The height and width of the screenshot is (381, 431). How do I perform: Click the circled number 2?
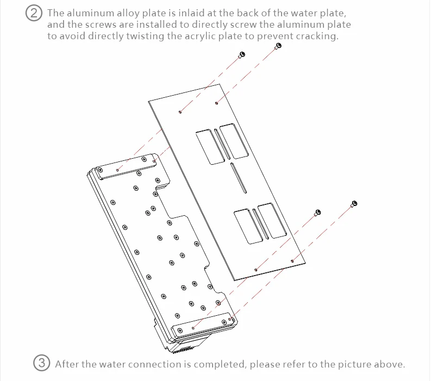[34, 13]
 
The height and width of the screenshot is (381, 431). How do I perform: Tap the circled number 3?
[41, 363]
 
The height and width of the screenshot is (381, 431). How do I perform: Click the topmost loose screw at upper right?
[278, 46]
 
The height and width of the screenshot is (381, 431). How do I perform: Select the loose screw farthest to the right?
[354, 204]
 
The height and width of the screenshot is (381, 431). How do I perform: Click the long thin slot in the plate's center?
[238, 178]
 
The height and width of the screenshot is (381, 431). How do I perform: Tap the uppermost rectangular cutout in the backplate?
[234, 141]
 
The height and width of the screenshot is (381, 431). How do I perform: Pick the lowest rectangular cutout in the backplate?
[248, 227]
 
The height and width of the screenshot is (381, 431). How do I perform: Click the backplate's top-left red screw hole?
[180, 112]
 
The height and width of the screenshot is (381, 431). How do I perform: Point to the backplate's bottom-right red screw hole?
[292, 261]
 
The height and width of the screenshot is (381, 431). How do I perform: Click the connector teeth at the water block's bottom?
[183, 349]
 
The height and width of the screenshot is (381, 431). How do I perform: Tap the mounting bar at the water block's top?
[126, 166]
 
